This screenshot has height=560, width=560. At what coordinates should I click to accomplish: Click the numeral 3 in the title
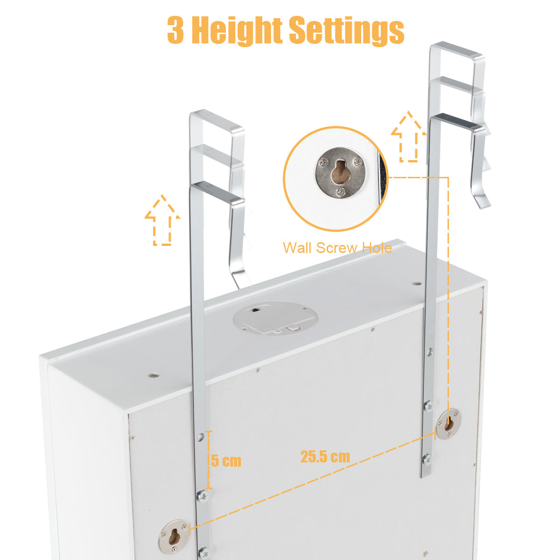pyautogui.click(x=175, y=31)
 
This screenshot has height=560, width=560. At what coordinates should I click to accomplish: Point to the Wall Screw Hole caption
pyautogui.click(x=337, y=248)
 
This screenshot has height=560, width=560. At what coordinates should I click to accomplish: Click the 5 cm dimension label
pyautogui.click(x=226, y=461)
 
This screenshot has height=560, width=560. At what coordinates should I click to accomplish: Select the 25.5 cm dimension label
pyautogui.click(x=325, y=456)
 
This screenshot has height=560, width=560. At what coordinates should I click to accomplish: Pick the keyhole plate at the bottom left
pyautogui.click(x=174, y=535)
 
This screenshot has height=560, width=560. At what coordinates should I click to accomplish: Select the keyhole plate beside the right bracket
pyautogui.click(x=448, y=423)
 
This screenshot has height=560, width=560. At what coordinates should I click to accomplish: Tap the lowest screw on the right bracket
pyautogui.click(x=427, y=460)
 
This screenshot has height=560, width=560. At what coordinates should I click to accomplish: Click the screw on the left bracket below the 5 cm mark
pyautogui.click(x=202, y=496)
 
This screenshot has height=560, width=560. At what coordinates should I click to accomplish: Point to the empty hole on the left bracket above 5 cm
pyautogui.click(x=201, y=437)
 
